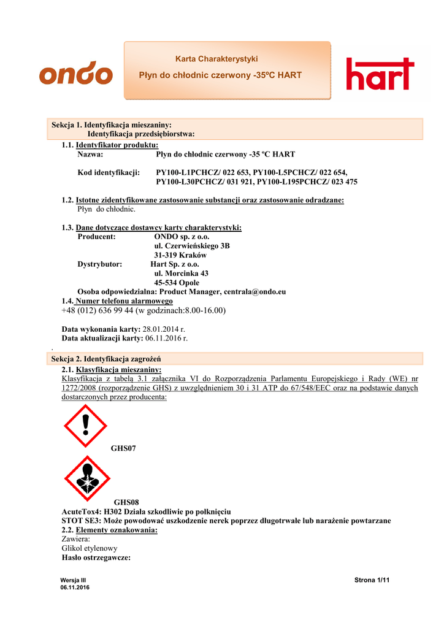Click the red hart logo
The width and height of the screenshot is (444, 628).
pyautogui.click(x=380, y=74)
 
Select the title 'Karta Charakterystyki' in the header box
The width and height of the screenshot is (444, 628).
pyautogui.click(x=216, y=59)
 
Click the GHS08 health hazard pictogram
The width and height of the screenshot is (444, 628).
pyautogui.click(x=87, y=478)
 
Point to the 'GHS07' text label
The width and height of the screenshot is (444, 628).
pyautogui.click(x=123, y=449)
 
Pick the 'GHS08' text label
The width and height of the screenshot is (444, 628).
pyautogui.click(x=126, y=502)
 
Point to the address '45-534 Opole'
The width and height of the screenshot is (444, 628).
pyautogui.click(x=177, y=283)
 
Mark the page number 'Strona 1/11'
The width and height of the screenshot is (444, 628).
pyautogui.click(x=372, y=580)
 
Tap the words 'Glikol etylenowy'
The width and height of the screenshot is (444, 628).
pyautogui.click(x=90, y=548)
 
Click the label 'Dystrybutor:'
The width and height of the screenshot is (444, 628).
pyautogui.click(x=100, y=264)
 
